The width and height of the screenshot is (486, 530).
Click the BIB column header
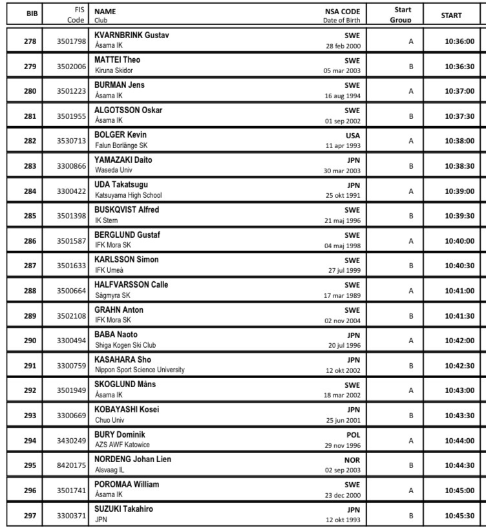[x=30, y=14]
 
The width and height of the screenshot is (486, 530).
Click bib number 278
[x=30, y=41]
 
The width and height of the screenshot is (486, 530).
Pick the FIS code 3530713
[x=70, y=141]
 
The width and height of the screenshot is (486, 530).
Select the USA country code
[x=353, y=136]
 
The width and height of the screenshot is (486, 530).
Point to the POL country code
[x=353, y=435]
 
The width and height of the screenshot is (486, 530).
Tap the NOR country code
[x=352, y=460]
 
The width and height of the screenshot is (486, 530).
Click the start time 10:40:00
[x=460, y=241]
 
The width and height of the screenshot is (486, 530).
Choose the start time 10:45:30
[x=460, y=515]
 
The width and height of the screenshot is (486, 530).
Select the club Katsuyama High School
[x=129, y=195]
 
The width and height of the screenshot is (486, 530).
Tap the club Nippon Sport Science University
[x=140, y=370]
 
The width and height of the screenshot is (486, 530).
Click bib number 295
[x=30, y=465]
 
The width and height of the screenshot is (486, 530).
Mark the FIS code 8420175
[x=70, y=465]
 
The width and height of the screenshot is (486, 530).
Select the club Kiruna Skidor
[x=114, y=70]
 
